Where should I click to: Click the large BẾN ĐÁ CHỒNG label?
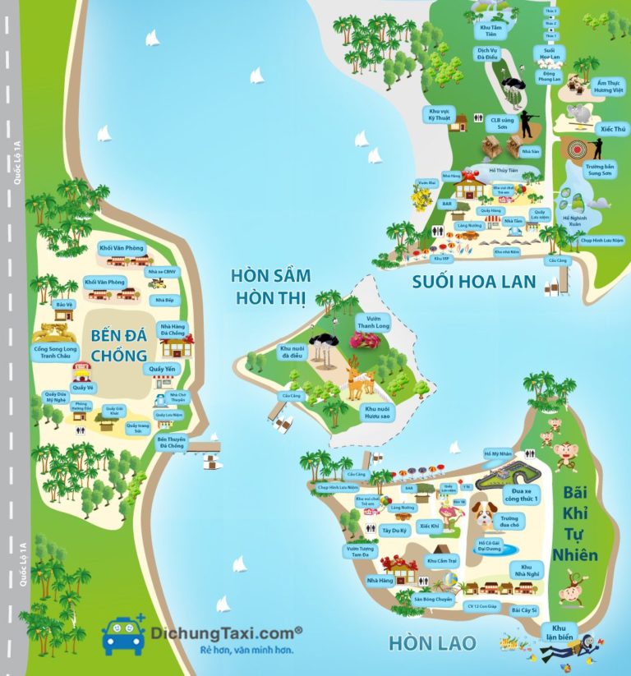(118, 346)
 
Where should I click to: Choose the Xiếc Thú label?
(613, 129)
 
